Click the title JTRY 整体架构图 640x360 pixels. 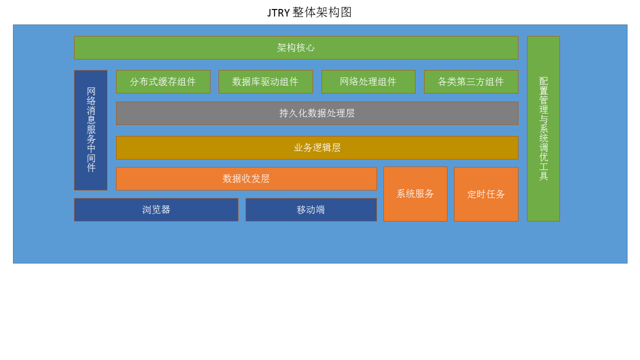pos(309,12)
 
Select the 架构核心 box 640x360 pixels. pos(296,47)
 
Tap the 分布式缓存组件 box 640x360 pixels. pos(163,81)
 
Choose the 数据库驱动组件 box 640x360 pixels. pos(265,81)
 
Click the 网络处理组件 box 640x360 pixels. pos(368,81)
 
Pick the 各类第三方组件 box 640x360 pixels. pos(471,81)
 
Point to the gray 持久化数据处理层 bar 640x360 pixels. pos(317,113)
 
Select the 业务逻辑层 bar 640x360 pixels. pos(317,147)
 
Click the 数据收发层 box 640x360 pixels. pos(246,179)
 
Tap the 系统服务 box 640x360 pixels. pos(415,194)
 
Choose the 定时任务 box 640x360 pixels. pos(486,194)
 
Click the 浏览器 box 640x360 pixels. pos(156,209)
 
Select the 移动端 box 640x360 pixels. pos(311,209)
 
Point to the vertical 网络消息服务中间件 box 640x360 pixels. pos(91,130)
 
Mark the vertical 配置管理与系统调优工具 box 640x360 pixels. pos(543,128)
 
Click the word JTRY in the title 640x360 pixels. pos(278,13)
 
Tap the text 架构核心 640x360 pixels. pos(296,47)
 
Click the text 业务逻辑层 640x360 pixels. pos(317,147)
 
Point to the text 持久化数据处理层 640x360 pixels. pos(317,113)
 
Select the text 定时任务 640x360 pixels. pos(486,194)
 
